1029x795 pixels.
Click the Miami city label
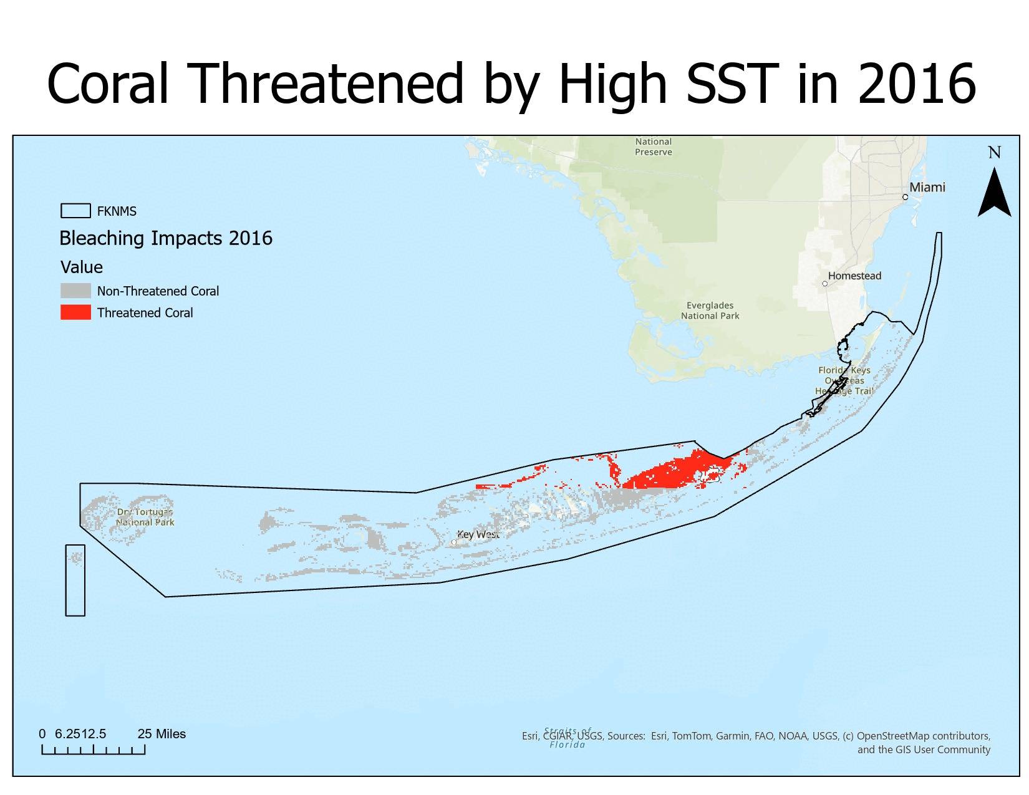(x=927, y=187)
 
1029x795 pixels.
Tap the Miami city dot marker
(x=905, y=197)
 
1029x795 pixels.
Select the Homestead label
(x=854, y=276)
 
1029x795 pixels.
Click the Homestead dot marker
(x=824, y=284)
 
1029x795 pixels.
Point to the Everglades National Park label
(x=710, y=311)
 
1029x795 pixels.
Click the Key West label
(x=478, y=534)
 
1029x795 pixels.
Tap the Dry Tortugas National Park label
(x=145, y=517)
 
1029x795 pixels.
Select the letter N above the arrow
(x=994, y=153)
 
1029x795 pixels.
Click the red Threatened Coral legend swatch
(x=75, y=312)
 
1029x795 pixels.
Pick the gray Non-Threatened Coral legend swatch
(x=75, y=291)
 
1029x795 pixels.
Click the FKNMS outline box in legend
(x=75, y=211)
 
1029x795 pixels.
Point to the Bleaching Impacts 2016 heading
(x=166, y=238)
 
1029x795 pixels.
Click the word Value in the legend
(x=82, y=267)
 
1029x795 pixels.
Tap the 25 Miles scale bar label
(x=162, y=734)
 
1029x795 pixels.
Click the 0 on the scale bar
(x=42, y=734)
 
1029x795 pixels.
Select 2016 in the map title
(x=916, y=84)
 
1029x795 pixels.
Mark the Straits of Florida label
(x=567, y=738)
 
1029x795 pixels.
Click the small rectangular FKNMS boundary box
(x=75, y=581)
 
